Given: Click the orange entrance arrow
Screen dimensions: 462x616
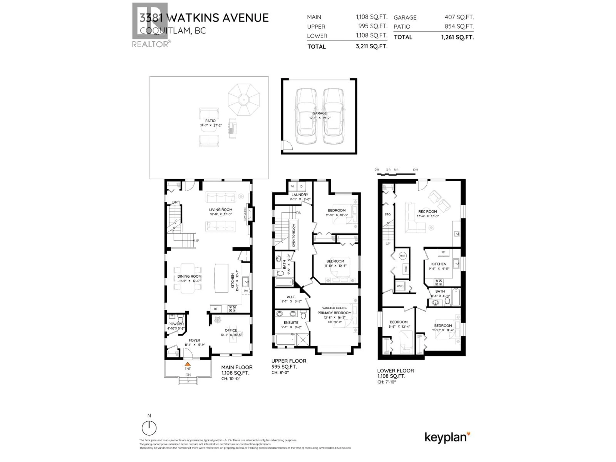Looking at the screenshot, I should pos(188,364).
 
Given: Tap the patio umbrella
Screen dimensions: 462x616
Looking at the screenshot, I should pos(244,99).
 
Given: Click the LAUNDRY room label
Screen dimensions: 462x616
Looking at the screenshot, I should pos(300,195).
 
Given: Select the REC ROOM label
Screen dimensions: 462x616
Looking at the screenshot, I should pos(428,211).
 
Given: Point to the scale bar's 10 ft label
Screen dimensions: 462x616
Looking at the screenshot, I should pos(415,170).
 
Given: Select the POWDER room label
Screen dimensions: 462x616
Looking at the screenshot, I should pos(176,324).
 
